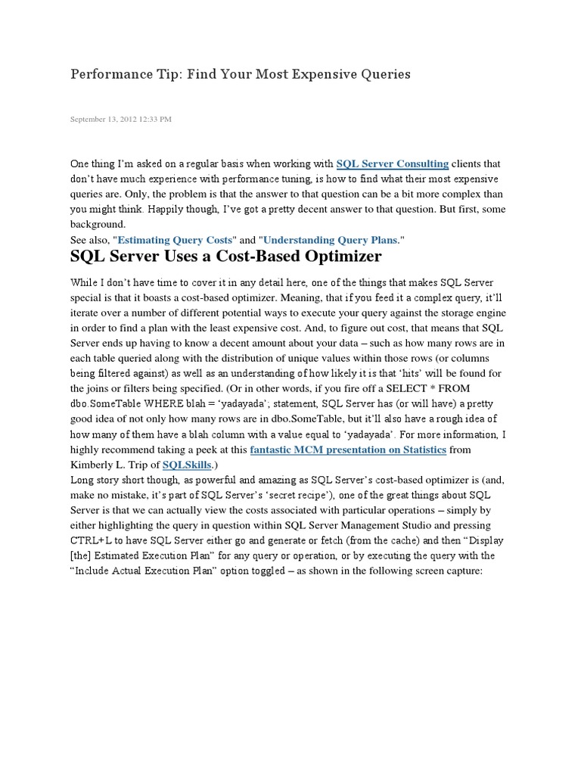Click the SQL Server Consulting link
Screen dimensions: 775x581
click(x=393, y=163)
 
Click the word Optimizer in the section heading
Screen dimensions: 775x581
click(x=336, y=256)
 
